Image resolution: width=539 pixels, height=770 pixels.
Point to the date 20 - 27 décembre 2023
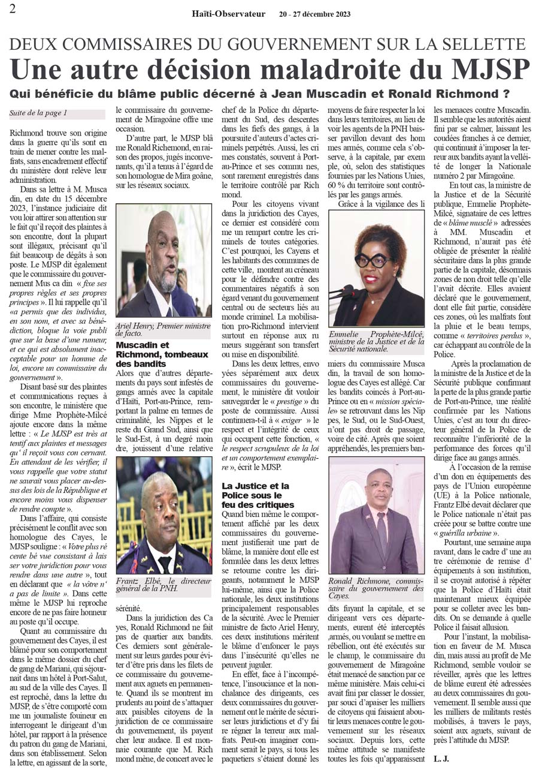(314, 14)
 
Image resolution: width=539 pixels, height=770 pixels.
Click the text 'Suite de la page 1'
(38, 113)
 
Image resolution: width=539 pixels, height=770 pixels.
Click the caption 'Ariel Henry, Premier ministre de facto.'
(163, 329)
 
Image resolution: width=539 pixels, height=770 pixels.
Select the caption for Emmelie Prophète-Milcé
(376, 341)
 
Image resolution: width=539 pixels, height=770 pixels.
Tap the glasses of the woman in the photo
(374, 260)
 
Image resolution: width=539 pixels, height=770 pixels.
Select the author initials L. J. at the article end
(442, 759)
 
